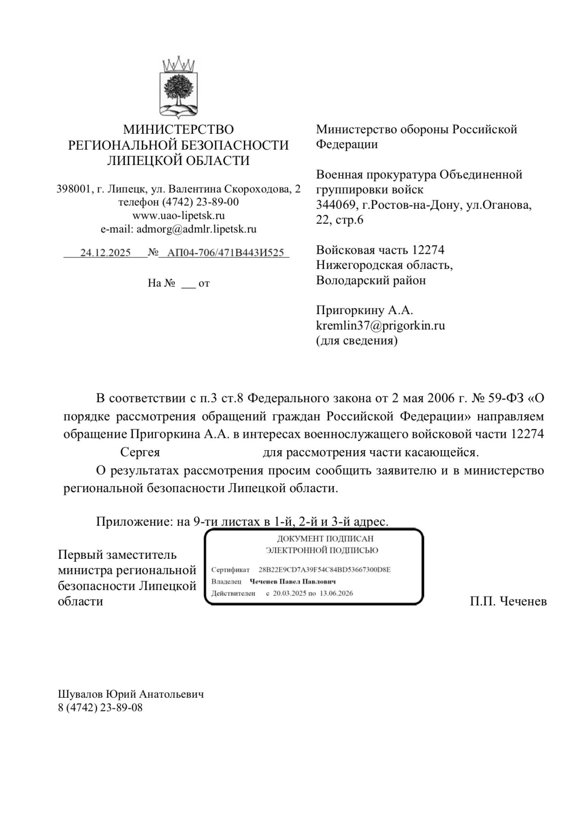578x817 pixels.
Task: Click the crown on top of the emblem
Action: pyautogui.click(x=179, y=64)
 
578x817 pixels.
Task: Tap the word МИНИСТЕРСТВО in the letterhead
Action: pyautogui.click(x=179, y=129)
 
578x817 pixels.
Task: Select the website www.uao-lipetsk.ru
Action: pyautogui.click(x=179, y=215)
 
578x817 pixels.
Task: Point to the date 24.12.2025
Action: pyautogui.click(x=105, y=252)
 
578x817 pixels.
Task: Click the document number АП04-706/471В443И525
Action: pyautogui.click(x=225, y=252)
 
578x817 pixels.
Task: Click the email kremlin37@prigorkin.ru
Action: pyautogui.click(x=380, y=325)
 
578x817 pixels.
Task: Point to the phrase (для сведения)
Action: pyautogui.click(x=357, y=340)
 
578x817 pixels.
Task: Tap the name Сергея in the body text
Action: pyautogui.click(x=140, y=452)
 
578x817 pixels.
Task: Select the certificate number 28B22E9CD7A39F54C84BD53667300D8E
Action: pyautogui.click(x=324, y=569)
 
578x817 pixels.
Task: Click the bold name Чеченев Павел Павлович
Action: pyautogui.click(x=292, y=581)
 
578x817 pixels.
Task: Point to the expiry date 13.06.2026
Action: pyautogui.click(x=336, y=593)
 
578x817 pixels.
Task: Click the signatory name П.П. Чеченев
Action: pyautogui.click(x=508, y=601)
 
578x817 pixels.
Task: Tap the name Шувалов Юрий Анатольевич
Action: pyautogui.click(x=131, y=694)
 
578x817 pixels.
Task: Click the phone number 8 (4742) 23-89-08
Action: pyautogui.click(x=100, y=708)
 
